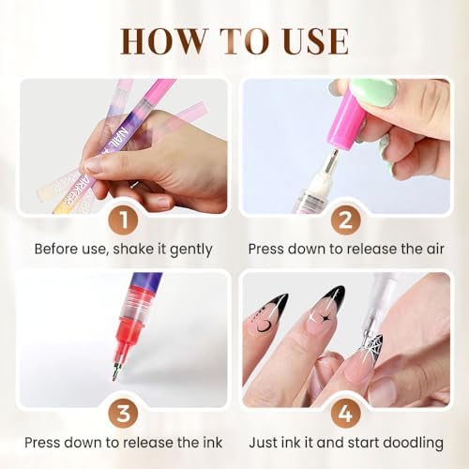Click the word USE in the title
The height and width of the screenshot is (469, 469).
310,42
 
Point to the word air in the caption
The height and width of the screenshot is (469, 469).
427,250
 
